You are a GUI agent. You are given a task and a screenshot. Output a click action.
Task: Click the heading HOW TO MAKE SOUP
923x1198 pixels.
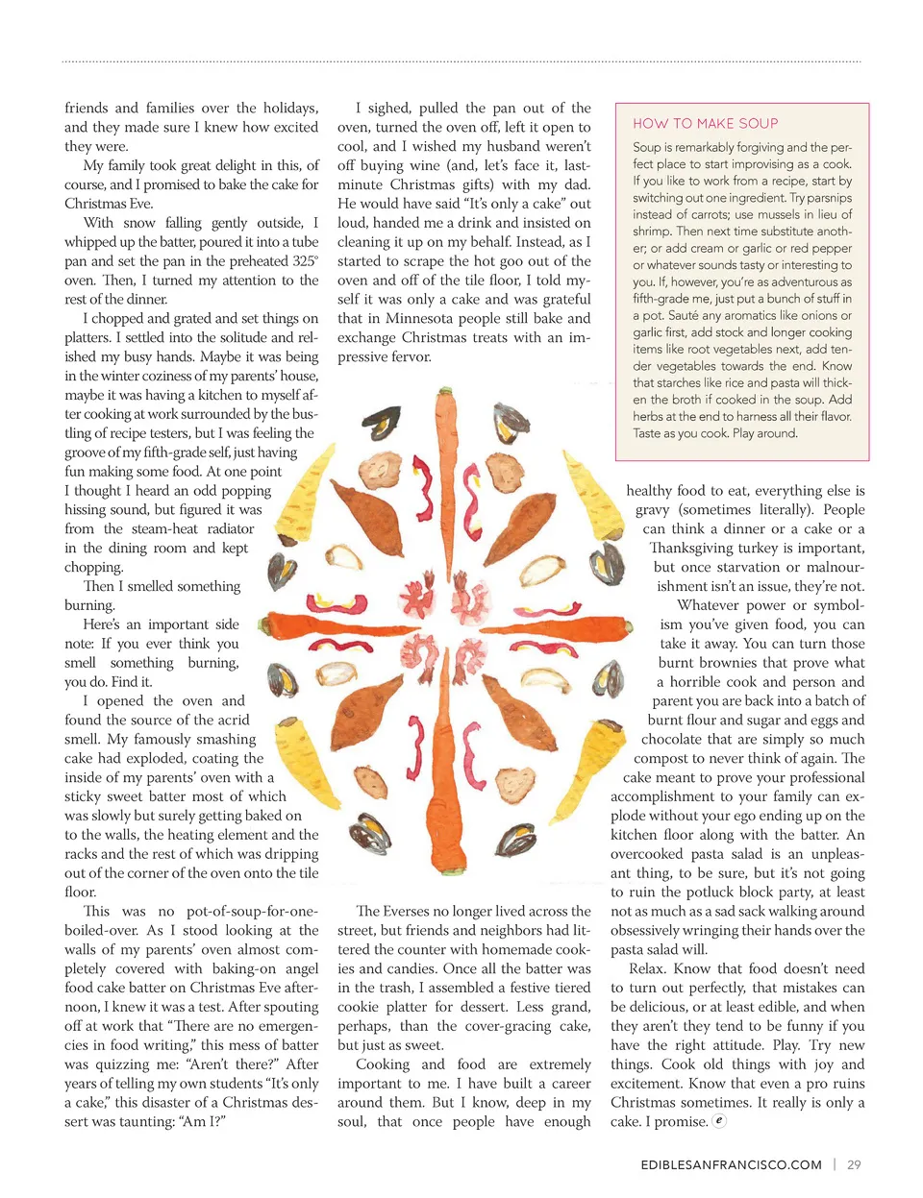(705, 123)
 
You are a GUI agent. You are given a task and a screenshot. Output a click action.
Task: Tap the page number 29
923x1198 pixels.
(854, 1164)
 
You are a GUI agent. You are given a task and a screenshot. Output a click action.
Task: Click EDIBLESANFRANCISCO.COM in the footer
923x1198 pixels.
(731, 1164)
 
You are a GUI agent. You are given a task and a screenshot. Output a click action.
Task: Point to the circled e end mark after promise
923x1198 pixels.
(719, 1120)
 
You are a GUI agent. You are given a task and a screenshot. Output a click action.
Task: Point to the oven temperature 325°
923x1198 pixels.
(305, 260)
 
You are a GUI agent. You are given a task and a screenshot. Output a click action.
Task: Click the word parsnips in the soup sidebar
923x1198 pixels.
(829, 197)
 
